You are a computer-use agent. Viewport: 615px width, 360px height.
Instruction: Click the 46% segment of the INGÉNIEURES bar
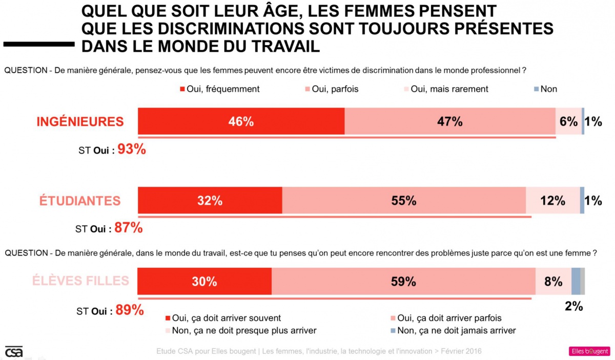(x=241, y=121)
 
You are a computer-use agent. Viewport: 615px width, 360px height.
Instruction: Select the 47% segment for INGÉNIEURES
(x=450, y=121)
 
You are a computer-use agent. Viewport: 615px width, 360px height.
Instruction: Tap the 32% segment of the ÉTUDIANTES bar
(x=210, y=201)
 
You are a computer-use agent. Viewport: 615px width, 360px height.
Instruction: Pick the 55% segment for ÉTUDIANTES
(x=404, y=201)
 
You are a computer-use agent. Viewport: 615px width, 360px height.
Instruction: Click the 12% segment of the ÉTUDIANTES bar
(x=552, y=201)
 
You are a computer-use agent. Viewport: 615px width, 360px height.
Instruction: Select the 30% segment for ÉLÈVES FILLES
(x=204, y=281)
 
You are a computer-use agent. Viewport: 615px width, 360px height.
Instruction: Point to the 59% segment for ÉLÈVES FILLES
(x=403, y=281)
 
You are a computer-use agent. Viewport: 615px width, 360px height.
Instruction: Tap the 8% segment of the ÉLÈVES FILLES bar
(x=553, y=281)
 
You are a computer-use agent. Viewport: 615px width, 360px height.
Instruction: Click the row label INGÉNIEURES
(x=80, y=121)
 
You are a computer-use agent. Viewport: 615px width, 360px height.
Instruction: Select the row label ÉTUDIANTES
(x=80, y=201)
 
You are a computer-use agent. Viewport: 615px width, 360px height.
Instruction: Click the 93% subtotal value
(x=132, y=150)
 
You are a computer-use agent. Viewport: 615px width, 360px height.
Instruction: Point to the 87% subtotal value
(x=128, y=228)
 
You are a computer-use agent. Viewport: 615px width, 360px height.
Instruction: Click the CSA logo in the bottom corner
(x=14, y=351)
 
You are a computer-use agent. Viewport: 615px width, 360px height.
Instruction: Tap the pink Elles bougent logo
(x=589, y=351)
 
